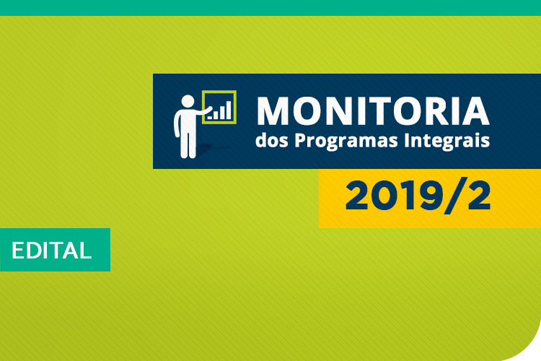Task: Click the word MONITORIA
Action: pos(372,110)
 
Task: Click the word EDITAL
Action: pos(51,251)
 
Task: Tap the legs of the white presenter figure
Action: pos(188,144)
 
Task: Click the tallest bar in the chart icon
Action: pos(229,109)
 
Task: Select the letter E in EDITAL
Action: pos(17,251)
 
